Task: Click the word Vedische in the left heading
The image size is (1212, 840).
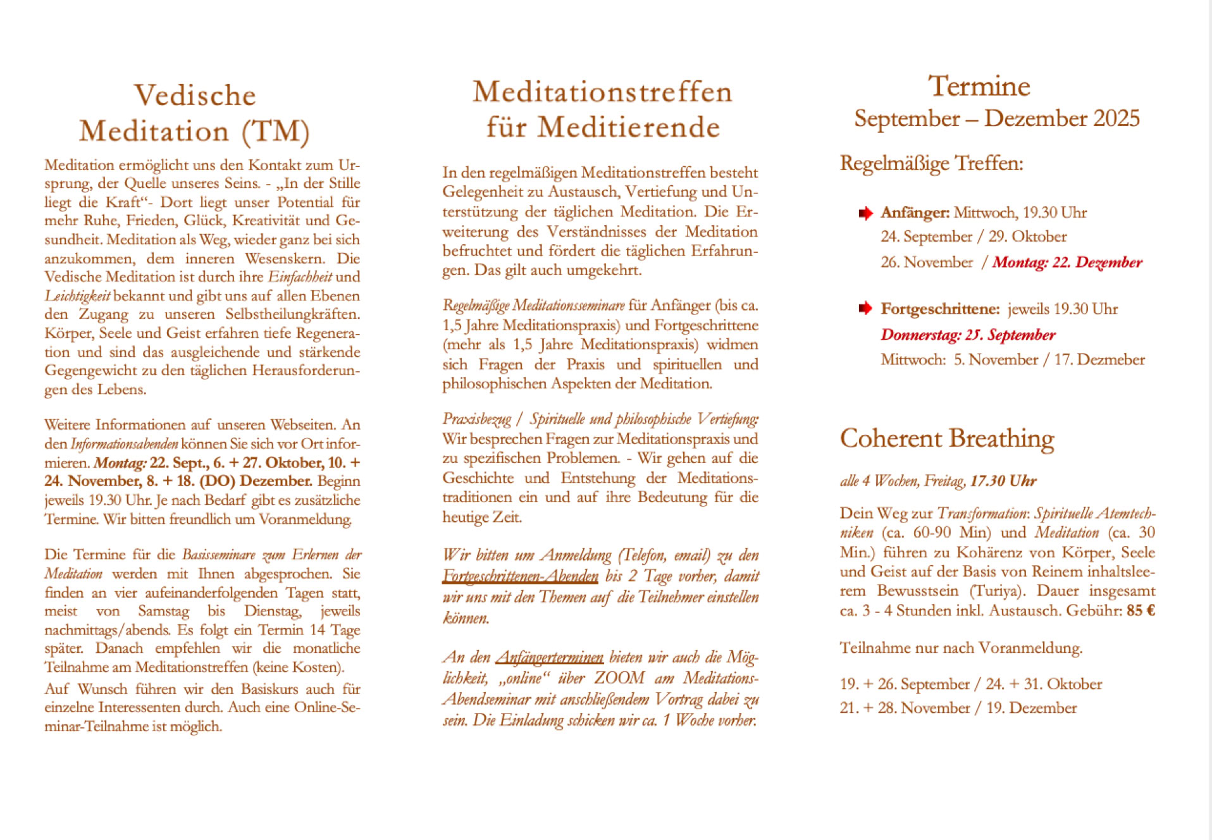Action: tap(195, 96)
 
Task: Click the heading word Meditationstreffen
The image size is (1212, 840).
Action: tap(602, 92)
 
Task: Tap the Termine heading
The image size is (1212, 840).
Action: tap(979, 87)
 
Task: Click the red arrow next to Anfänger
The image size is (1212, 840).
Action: tap(865, 213)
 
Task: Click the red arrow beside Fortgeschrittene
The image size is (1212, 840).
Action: tap(865, 309)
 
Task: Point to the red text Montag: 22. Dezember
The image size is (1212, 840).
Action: tap(1067, 262)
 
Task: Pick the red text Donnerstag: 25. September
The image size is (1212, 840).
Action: tap(968, 335)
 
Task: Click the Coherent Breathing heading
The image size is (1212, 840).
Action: tap(946, 438)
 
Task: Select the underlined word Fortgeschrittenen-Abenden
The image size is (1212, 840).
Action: tap(520, 576)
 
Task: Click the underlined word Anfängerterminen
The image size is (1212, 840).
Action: tap(549, 658)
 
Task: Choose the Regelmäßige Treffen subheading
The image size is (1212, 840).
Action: tap(931, 164)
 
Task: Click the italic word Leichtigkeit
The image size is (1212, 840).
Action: tap(77, 296)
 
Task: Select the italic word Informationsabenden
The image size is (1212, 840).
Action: tap(125, 444)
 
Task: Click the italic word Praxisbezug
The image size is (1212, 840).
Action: tap(476, 419)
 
